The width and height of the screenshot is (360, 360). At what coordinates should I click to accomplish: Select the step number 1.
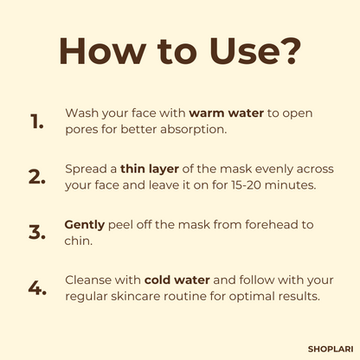pyautogui.click(x=35, y=121)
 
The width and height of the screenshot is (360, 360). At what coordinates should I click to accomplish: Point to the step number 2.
pyautogui.click(x=36, y=177)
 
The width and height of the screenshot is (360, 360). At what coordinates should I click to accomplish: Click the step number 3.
pyautogui.click(x=36, y=232)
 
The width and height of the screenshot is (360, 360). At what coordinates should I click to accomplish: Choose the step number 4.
pyautogui.click(x=36, y=288)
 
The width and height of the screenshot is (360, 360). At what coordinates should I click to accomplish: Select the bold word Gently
pyautogui.click(x=85, y=224)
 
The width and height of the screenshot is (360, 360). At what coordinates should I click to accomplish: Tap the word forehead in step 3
pyautogui.click(x=256, y=224)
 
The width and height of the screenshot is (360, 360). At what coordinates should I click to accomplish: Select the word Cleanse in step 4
pyautogui.click(x=89, y=280)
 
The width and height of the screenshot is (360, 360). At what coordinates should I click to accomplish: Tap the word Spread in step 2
pyautogui.click(x=85, y=169)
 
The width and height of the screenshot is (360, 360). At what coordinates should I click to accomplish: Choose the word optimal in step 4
pyautogui.click(x=255, y=296)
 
